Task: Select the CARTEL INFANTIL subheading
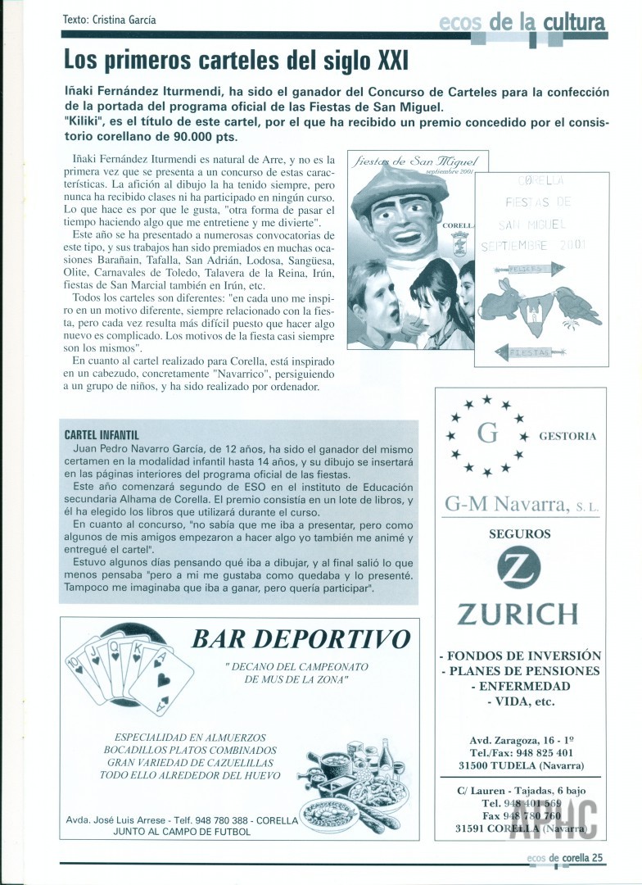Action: coord(101,434)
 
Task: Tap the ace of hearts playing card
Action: coord(164,678)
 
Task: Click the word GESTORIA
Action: coord(567,436)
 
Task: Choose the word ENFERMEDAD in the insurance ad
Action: coord(520,686)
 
